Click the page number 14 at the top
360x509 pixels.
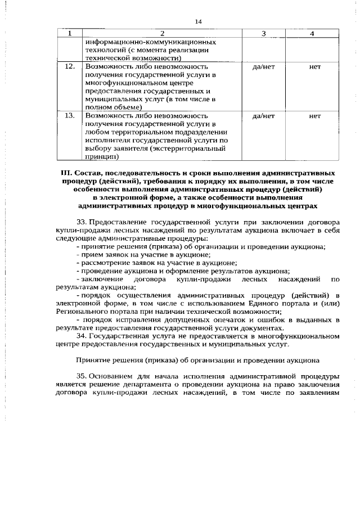198,21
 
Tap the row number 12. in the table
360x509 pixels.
70,66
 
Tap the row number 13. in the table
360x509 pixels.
70,116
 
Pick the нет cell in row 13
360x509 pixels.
314,116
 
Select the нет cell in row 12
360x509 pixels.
314,66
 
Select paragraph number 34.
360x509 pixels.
81,336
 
